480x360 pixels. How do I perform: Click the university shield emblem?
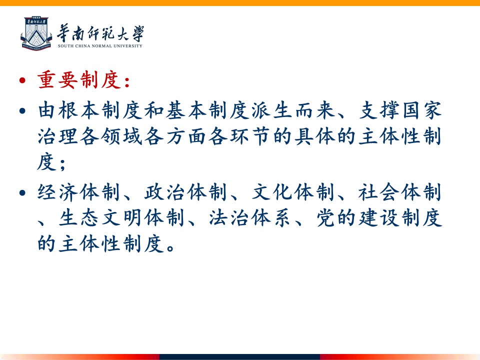[36, 33]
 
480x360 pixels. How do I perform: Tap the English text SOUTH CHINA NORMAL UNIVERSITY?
[100, 46]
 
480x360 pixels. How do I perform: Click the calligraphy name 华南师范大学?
[100, 33]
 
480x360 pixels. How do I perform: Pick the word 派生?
[271, 110]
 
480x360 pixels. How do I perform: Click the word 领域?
[122, 136]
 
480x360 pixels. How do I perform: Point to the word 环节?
[250, 136]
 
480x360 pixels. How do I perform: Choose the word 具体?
[314, 136]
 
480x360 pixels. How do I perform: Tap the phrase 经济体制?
[78, 192]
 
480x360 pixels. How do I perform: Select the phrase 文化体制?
[293, 192]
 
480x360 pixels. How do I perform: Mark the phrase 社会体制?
[400, 192]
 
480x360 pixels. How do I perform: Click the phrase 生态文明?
[100, 218]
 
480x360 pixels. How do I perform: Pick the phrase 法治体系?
[250, 218]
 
